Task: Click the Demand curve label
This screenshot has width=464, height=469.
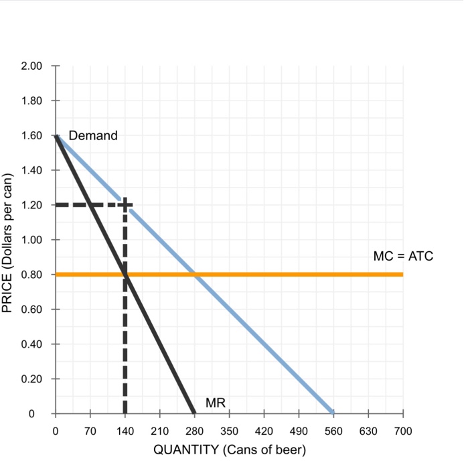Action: pyautogui.click(x=93, y=135)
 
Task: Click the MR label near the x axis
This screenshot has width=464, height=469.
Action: pyautogui.click(x=216, y=403)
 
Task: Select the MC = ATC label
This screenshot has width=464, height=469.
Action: pyautogui.click(x=403, y=256)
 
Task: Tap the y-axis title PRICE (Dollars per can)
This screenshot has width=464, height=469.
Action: pyautogui.click(x=8, y=243)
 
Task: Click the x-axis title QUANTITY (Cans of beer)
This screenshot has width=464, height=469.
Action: pyautogui.click(x=230, y=450)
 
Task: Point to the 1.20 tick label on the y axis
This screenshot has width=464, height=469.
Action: pyautogui.click(x=33, y=205)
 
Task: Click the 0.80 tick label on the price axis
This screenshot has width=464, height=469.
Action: pyautogui.click(x=33, y=275)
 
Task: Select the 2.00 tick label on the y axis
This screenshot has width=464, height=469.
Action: pyautogui.click(x=33, y=66)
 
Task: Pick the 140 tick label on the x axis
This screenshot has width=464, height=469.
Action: pyautogui.click(x=125, y=430)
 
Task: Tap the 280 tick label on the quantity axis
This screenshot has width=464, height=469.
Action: pyautogui.click(x=194, y=430)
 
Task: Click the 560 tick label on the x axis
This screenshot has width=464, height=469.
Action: pyautogui.click(x=333, y=430)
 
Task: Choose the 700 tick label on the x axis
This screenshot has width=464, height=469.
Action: pyautogui.click(x=403, y=430)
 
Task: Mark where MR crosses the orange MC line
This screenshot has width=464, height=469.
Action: pyautogui.click(x=125, y=274)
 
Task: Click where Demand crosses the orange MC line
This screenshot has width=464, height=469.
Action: pyautogui.click(x=194, y=274)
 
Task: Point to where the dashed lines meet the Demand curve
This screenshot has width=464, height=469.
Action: pyautogui.click(x=125, y=204)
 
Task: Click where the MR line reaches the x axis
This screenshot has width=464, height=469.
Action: pyautogui.click(x=194, y=413)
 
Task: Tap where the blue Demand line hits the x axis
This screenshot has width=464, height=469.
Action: pyautogui.click(x=333, y=413)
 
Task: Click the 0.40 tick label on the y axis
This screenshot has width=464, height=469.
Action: pyautogui.click(x=33, y=344)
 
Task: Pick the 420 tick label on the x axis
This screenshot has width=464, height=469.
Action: pyautogui.click(x=264, y=430)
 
